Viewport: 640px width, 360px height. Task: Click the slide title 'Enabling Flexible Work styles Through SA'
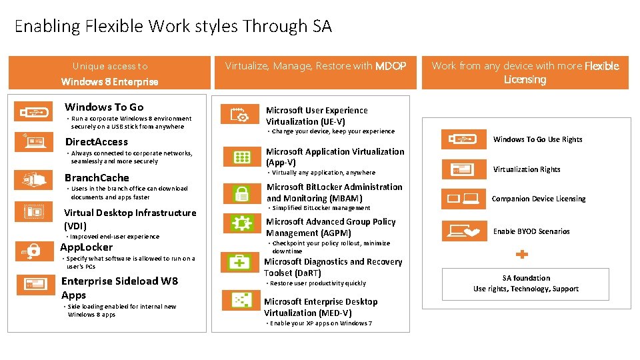[x=173, y=27]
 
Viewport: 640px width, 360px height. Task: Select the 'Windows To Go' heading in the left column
[x=104, y=107]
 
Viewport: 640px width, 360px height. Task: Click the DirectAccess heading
[x=96, y=142]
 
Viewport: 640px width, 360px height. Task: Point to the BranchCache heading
[x=97, y=178]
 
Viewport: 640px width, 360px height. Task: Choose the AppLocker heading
[x=87, y=247]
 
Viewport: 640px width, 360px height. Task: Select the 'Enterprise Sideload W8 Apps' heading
[x=119, y=288]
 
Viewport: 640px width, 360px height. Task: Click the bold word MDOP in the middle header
[x=390, y=66]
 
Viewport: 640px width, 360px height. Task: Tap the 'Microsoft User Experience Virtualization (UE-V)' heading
[x=317, y=116]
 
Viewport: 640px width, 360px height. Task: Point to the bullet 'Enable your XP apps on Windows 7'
[x=321, y=323]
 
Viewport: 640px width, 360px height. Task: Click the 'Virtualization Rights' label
[x=527, y=169]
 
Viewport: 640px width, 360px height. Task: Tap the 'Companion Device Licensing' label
[x=539, y=199]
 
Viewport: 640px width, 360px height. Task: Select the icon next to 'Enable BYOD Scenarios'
[x=463, y=231]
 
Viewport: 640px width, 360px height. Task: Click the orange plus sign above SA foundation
[x=523, y=254]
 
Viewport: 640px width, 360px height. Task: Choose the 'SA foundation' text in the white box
[x=526, y=278]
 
